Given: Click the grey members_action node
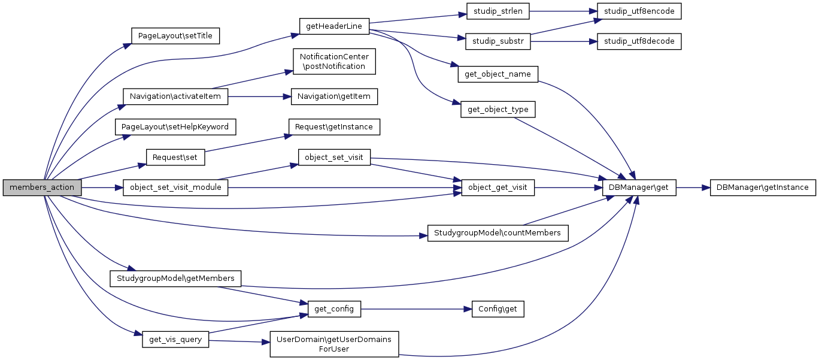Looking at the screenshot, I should [42, 187].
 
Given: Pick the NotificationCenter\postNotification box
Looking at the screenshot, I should [334, 62].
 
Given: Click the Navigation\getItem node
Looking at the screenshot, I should [334, 96].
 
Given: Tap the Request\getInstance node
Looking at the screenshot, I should [334, 127].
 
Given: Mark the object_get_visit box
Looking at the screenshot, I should [498, 187].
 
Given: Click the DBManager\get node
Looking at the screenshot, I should [639, 187].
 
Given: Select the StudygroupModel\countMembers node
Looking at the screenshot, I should [498, 233].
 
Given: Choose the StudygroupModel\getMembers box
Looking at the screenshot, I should [175, 279].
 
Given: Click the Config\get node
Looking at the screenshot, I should [498, 309].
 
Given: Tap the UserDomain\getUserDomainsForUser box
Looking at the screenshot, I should [334, 344].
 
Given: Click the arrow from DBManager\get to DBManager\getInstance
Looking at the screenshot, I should [692, 187].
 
